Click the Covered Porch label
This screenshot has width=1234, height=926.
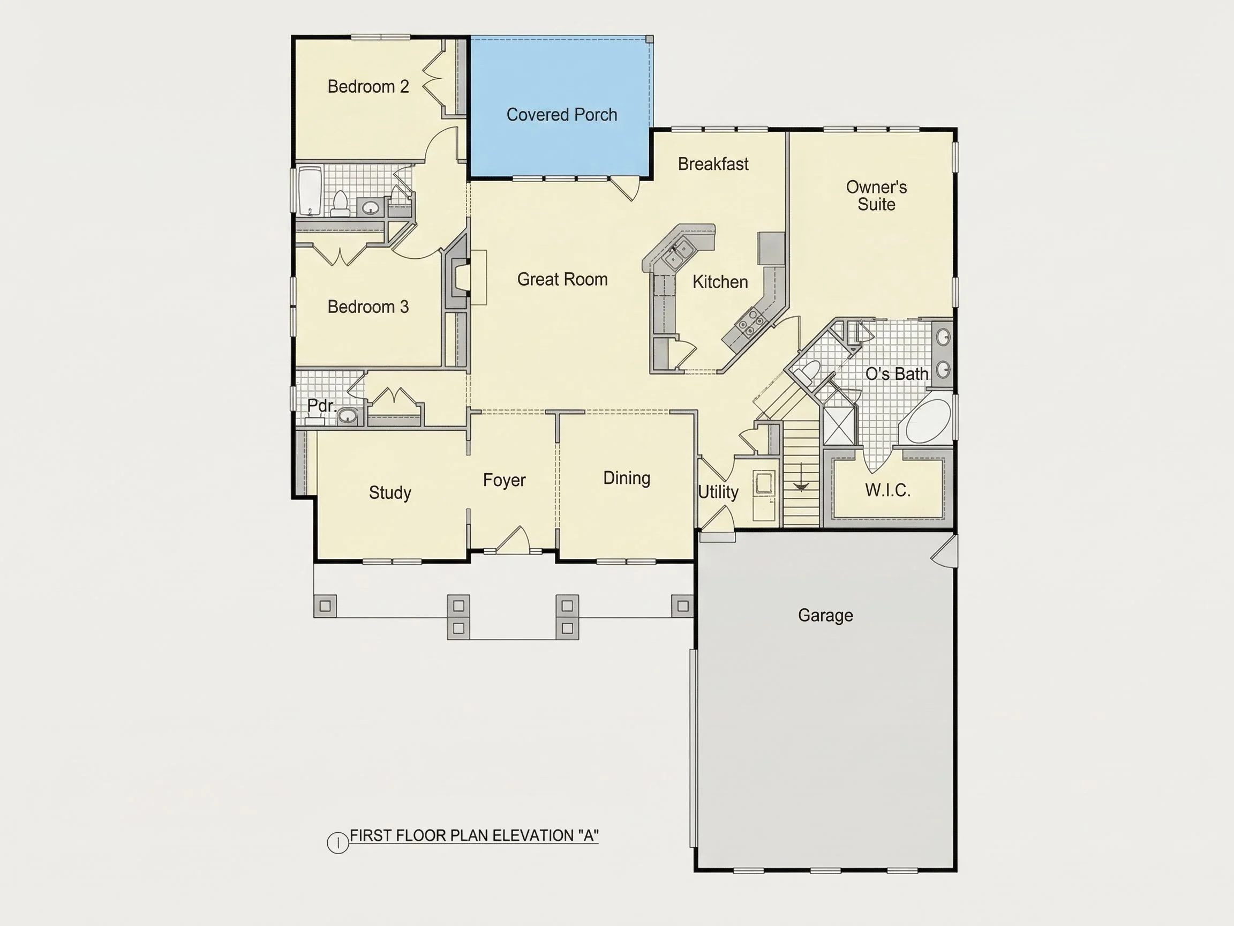click(x=562, y=115)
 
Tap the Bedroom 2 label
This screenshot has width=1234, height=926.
click(x=368, y=86)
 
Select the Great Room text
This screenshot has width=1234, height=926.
click(x=562, y=279)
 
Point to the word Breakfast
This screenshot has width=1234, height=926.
click(x=713, y=163)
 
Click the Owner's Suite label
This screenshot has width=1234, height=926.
click(x=876, y=196)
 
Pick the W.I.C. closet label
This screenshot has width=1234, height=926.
click(x=887, y=490)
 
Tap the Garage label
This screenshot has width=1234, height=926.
click(x=826, y=615)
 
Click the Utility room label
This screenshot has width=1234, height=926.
click(x=718, y=492)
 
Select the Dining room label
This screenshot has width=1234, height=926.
click(x=627, y=478)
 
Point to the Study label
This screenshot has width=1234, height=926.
click(x=390, y=492)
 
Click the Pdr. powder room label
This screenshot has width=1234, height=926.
click(x=322, y=405)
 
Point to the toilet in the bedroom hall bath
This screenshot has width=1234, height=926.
click(x=340, y=203)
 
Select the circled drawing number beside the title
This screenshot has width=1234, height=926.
click(x=337, y=842)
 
